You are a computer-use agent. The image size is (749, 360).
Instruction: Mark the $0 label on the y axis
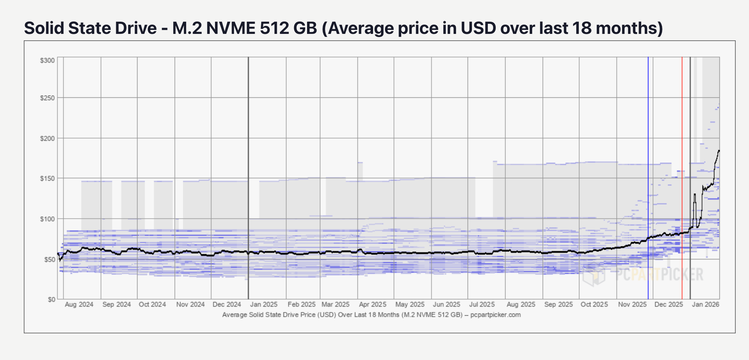51,300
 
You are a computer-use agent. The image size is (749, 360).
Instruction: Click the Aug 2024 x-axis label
79,304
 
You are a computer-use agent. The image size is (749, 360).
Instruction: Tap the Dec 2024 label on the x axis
227,304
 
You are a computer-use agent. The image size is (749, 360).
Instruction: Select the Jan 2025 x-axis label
264,304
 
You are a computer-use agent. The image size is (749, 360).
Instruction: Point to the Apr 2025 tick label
372,304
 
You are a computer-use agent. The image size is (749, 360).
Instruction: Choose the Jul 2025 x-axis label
482,304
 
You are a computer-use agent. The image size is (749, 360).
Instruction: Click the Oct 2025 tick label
594,304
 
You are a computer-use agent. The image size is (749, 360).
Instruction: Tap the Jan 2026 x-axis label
705,304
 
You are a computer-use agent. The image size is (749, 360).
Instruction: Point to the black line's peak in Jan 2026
719,151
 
